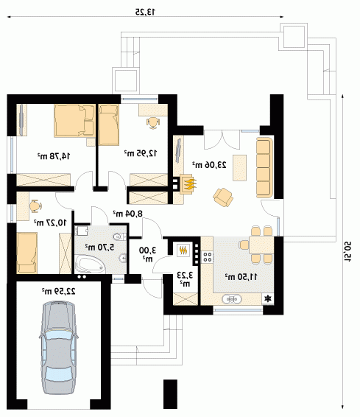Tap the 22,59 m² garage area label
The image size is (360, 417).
tap(59, 291)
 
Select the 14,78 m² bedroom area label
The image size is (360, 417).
tap(54, 156)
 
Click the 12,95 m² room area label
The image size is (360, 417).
tap(141, 153)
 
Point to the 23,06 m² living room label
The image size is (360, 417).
tap(209, 165)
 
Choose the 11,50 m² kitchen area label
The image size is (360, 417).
tap(241, 277)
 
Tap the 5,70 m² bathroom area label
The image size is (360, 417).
tap(100, 247)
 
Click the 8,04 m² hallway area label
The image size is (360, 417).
tap(128, 213)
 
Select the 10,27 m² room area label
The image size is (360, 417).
tap(50, 222)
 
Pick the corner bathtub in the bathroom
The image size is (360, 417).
tap(89, 264)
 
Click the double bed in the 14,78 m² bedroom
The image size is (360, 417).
tap(74, 121)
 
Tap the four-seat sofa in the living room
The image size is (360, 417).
tap(264, 167)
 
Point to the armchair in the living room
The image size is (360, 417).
tap(223, 197)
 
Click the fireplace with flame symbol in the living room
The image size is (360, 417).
tap(188, 184)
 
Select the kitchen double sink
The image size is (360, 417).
tap(232, 299)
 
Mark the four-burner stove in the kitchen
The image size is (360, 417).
tap(208, 257)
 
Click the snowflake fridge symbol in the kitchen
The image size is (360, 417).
tap(268, 299)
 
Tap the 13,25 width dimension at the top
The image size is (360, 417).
tap(145, 12)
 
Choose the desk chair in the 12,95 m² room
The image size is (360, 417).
tap(153, 123)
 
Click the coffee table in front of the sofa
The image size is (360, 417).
tap(240, 168)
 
